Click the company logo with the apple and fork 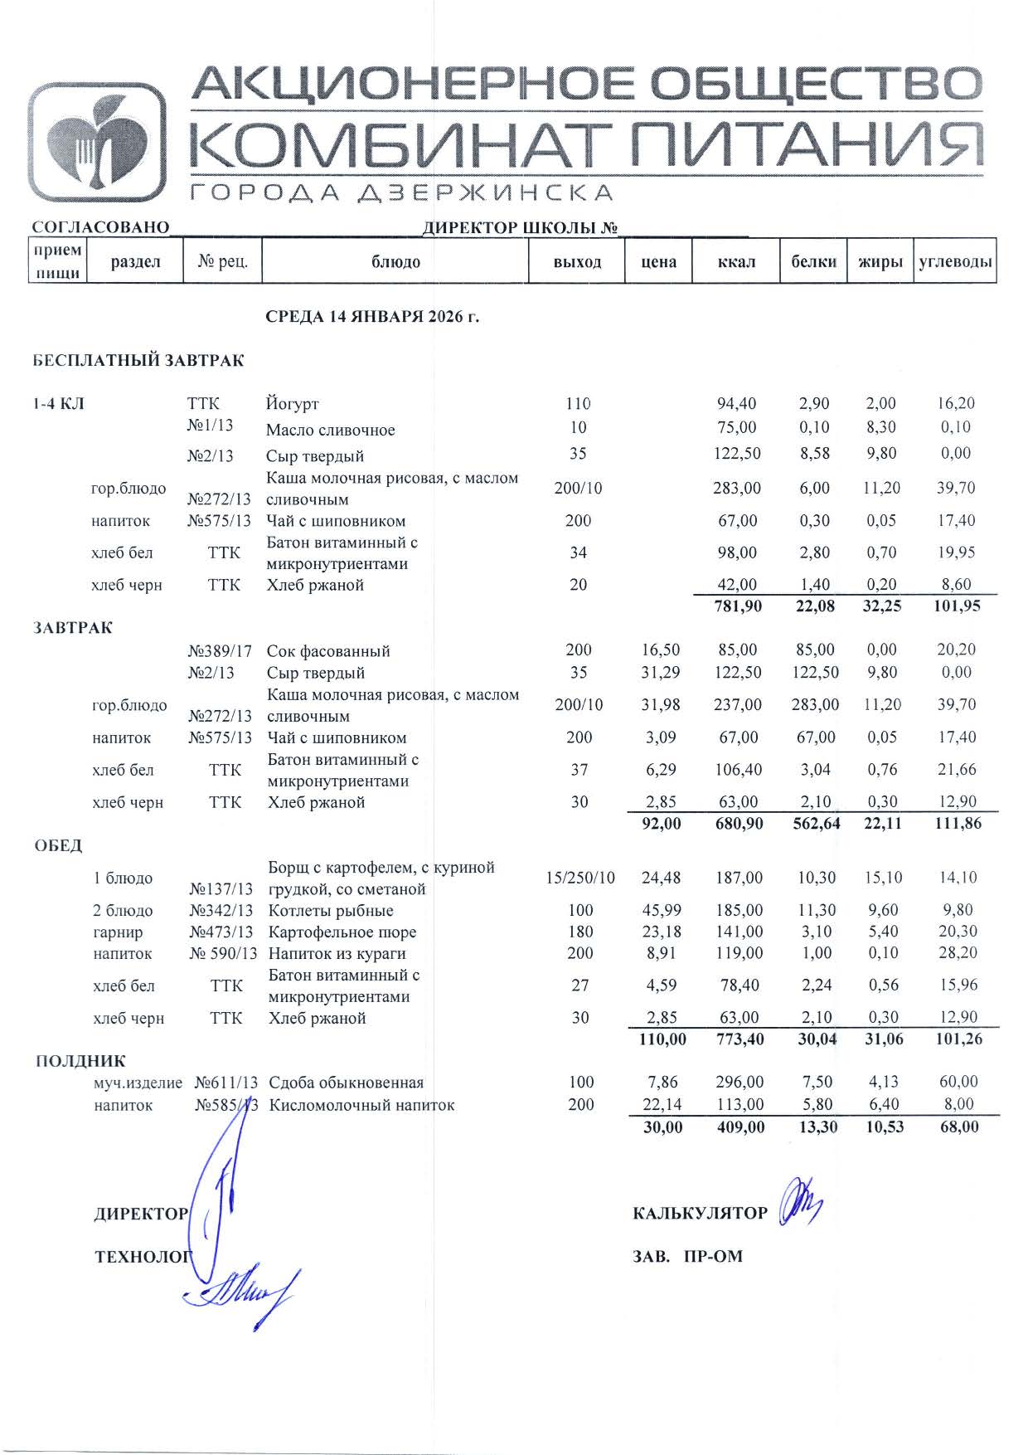[x=96, y=142]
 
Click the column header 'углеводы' [x=955, y=262]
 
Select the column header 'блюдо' [x=395, y=262]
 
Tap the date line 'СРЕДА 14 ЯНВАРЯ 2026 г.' [x=372, y=317]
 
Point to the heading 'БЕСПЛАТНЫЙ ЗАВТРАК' [x=138, y=361]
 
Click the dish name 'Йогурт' [x=292, y=405]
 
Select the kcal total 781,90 [x=737, y=606]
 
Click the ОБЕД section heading [x=58, y=846]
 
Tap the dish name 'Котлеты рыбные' [x=331, y=911]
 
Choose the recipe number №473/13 [x=221, y=932]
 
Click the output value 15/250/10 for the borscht [x=580, y=878]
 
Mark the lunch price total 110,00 [x=662, y=1039]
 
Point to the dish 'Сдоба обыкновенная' [x=347, y=1083]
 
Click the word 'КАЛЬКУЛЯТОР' [x=701, y=1214]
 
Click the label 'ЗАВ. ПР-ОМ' [x=687, y=1257]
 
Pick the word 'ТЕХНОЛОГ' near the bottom [x=143, y=1257]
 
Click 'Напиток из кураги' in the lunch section [x=337, y=954]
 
